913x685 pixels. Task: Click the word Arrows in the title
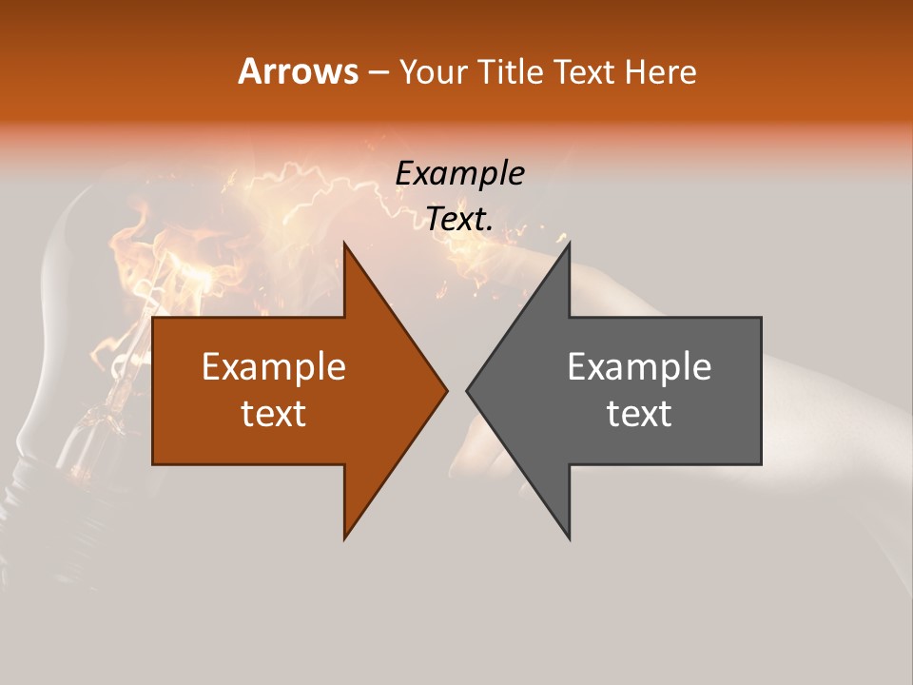[298, 71]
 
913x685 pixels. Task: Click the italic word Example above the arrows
[460, 174]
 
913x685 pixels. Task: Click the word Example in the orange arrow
[274, 367]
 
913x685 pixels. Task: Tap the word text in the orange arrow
[274, 414]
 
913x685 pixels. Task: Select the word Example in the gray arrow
[639, 367]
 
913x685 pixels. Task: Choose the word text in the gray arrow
[639, 414]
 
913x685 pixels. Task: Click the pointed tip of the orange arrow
[447, 390]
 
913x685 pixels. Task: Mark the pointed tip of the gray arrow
[467, 390]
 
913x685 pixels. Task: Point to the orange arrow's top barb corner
[344, 244]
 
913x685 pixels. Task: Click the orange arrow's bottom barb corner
[344, 538]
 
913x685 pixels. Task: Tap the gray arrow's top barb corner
[569, 244]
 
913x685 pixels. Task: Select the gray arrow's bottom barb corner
[569, 538]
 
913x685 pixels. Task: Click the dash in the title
[378, 72]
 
